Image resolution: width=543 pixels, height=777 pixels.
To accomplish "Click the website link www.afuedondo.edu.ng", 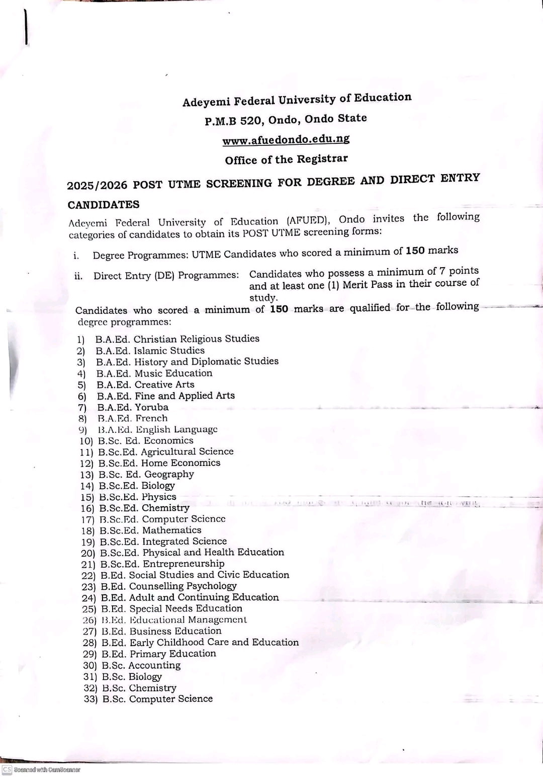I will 286,140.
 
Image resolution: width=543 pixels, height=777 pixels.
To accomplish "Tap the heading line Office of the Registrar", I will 286,160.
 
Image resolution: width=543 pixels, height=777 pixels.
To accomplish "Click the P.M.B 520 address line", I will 286,120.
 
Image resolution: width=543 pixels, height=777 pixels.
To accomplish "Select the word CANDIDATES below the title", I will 104,205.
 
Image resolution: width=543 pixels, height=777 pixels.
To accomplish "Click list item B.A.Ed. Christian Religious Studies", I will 177,339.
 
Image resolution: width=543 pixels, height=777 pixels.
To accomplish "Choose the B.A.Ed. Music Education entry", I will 154,373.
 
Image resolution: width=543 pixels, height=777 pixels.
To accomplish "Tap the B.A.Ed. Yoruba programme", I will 133,407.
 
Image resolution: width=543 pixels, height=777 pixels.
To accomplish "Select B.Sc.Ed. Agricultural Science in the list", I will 165,452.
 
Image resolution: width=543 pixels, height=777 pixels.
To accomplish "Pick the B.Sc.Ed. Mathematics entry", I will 150,530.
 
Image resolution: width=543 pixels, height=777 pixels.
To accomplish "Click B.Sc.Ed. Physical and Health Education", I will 192,553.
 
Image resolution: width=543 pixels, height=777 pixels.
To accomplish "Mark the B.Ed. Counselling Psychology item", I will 168,586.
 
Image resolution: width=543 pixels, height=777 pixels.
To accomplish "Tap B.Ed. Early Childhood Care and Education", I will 200,643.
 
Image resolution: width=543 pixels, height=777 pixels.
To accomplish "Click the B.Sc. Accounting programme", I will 141,665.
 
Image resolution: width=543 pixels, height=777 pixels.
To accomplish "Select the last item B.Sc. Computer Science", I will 157,699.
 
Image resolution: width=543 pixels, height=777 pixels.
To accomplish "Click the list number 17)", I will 87,520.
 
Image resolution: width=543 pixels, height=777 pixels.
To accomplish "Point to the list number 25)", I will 89,609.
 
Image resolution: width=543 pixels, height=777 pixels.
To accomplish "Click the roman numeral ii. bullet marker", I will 78,276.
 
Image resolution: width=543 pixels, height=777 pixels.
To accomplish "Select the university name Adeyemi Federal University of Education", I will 297,100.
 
